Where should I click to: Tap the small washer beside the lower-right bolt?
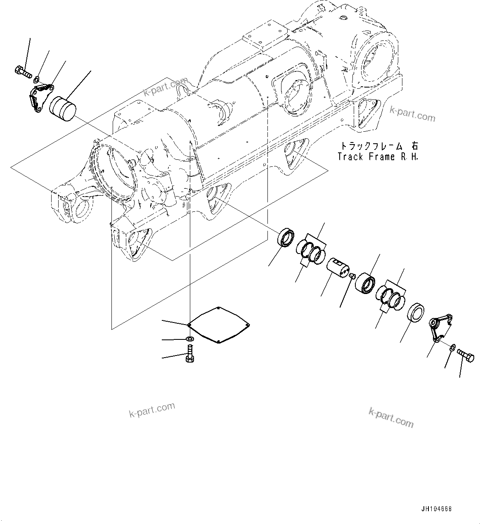coord(453,347)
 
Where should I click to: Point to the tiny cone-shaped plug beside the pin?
coord(352,275)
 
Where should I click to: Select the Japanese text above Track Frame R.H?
coord(378,146)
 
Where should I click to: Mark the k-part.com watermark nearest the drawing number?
coord(390,417)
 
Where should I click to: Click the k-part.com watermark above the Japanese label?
coord(412,114)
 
